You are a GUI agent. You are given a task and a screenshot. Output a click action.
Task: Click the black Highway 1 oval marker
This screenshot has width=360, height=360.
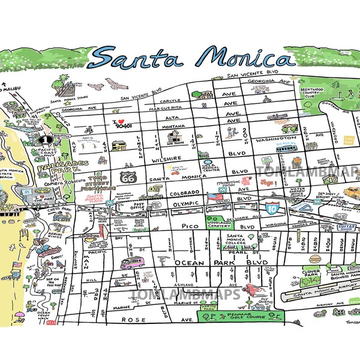point(43,139)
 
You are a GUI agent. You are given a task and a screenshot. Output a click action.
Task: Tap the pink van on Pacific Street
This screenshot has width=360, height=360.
point(131,263)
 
